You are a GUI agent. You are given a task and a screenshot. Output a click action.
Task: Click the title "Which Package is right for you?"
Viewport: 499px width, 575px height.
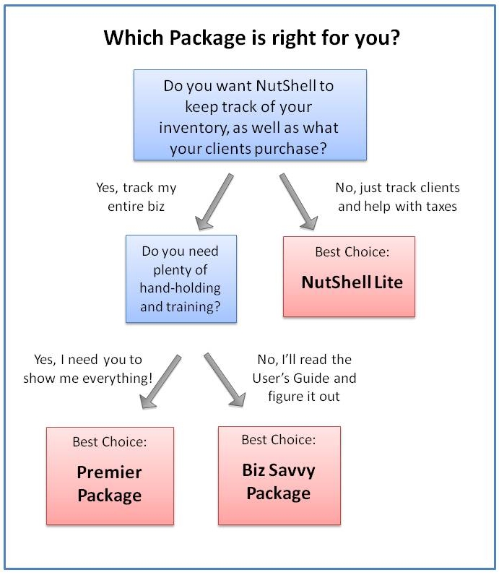[251, 38]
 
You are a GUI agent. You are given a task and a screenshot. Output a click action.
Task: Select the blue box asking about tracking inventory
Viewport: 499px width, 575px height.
[250, 115]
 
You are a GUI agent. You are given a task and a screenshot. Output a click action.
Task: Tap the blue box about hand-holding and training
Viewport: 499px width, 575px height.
[181, 279]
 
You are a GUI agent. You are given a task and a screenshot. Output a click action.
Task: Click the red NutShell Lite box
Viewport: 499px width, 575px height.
[349, 277]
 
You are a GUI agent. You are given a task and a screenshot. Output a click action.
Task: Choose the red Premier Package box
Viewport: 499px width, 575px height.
[110, 475]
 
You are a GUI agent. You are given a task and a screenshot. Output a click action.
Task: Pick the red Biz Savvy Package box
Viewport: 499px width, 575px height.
[279, 475]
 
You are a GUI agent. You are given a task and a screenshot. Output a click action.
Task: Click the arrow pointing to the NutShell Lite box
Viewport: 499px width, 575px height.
[298, 202]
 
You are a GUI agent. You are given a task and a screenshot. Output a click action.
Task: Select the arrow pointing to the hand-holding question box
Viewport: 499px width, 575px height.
[214, 202]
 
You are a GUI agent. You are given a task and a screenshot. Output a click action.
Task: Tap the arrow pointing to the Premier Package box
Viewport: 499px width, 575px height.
[160, 381]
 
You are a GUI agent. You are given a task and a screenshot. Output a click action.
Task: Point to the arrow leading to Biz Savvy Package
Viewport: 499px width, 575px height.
[225, 380]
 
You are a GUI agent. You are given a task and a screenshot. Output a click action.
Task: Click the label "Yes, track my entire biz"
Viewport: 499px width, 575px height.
[136, 197]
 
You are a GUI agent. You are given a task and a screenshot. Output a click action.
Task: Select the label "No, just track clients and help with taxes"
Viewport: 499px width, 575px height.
[397, 197]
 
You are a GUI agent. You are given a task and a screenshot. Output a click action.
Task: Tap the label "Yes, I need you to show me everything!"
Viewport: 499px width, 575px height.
[87, 368]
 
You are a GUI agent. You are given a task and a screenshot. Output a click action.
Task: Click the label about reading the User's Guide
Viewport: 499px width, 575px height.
[304, 378]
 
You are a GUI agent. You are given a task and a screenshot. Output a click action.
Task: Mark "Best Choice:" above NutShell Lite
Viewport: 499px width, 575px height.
[352, 252]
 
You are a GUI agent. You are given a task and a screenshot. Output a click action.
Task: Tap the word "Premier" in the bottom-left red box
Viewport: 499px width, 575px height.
[109, 472]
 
